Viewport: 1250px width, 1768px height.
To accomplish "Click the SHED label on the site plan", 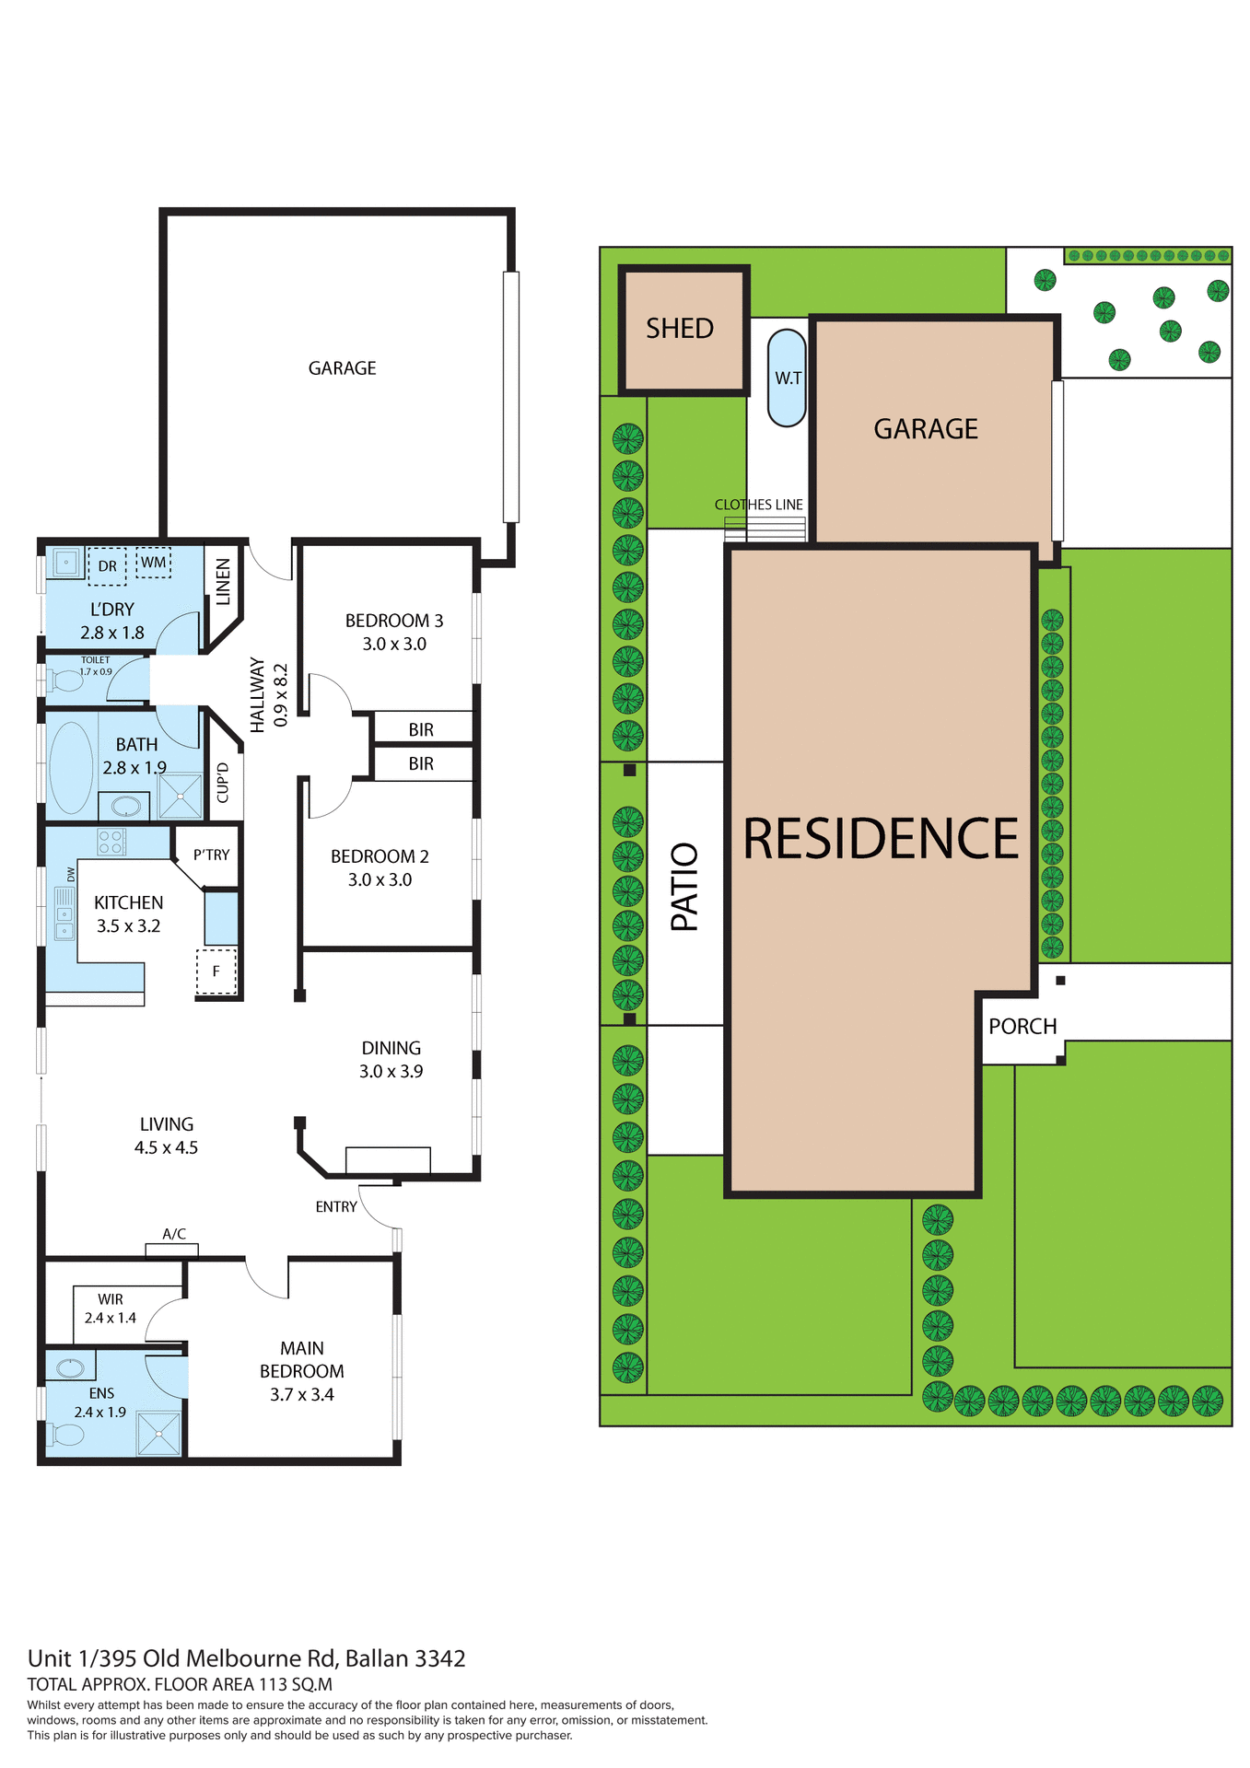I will pos(680,329).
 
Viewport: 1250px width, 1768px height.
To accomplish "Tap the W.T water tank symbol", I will pos(788,378).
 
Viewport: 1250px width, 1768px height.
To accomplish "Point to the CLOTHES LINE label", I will pos(758,505).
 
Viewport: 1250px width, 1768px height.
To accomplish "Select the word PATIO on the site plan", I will pos(684,887).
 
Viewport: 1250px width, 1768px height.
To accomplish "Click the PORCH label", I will pos(1022,1027).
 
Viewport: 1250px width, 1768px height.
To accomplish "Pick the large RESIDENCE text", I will pos(881,839).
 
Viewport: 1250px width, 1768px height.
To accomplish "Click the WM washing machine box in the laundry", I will pos(154,563).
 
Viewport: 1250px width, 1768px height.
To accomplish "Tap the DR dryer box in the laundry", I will pos(107,566).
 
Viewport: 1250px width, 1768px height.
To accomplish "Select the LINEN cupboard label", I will pos(223,582).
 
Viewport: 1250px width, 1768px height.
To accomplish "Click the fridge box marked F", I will pos(216,971).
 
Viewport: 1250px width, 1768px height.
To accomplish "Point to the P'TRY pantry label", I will pos(212,855).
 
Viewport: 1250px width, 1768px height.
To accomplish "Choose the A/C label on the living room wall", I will pos(174,1234).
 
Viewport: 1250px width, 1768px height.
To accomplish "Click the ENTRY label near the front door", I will pos(336,1207).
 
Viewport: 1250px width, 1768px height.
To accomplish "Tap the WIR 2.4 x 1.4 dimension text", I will pos(111,1318).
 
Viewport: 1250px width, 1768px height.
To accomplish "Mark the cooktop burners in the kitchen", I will pos(111,842).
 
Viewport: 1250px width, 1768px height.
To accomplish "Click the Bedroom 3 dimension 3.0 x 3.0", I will pos(394,645).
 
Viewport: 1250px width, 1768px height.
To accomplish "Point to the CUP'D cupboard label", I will pos(223,783).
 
